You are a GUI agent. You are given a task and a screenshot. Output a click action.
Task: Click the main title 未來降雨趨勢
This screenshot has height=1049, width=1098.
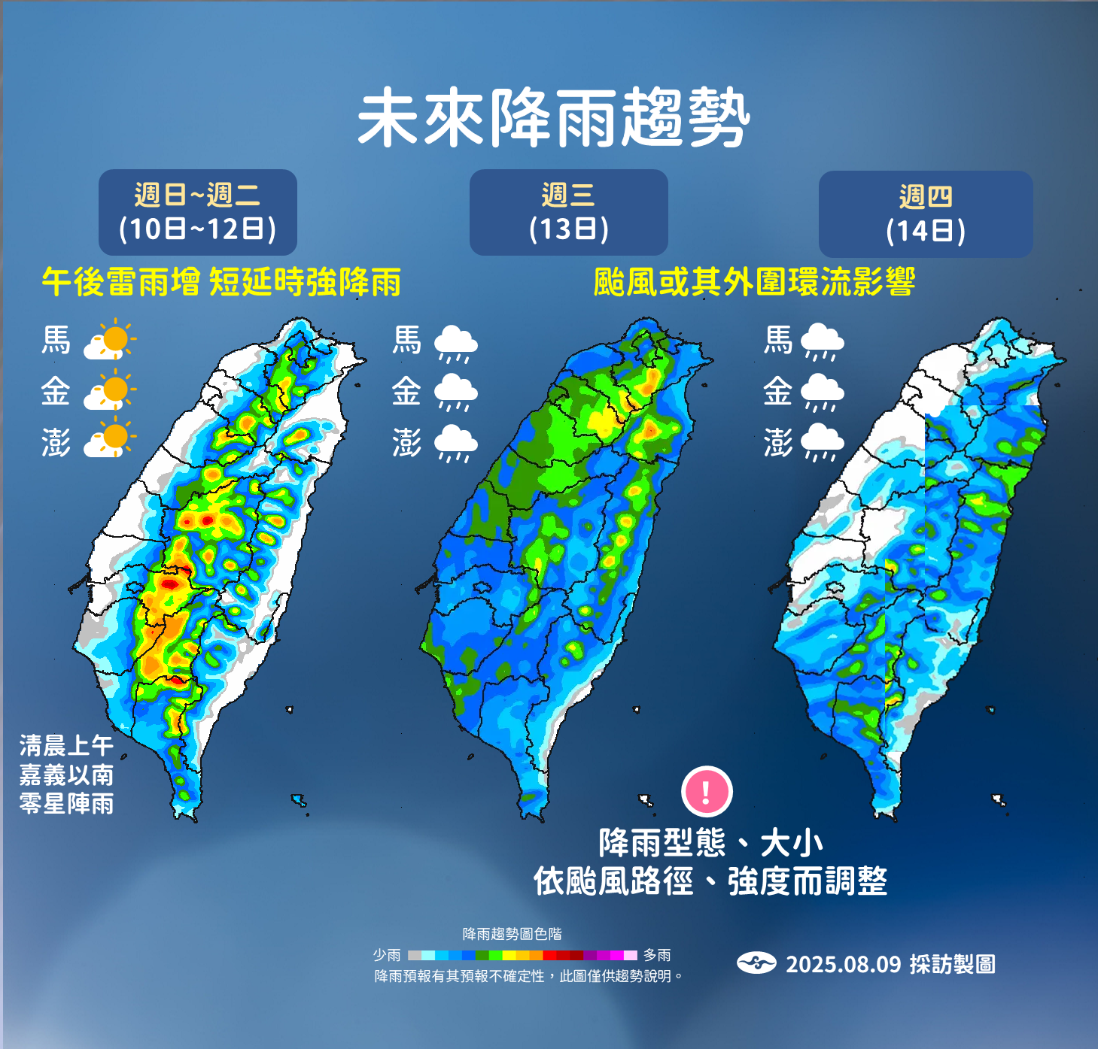(x=553, y=118)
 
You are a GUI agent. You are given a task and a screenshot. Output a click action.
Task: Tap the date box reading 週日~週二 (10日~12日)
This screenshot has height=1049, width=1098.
(x=198, y=212)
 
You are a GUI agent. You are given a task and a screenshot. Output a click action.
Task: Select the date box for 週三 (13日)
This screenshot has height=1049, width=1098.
(x=568, y=212)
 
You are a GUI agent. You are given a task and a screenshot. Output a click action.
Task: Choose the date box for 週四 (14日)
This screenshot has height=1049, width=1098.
(x=925, y=214)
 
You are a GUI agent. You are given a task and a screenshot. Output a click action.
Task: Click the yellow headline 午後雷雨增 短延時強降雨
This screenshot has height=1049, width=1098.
(x=221, y=283)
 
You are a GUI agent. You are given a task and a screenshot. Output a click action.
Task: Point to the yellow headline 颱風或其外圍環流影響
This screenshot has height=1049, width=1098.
(x=753, y=283)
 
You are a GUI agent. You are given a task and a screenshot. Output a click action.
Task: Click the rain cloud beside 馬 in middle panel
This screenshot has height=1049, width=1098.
(x=456, y=343)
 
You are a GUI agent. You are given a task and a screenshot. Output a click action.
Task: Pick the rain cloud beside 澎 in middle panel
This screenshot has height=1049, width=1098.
(x=456, y=443)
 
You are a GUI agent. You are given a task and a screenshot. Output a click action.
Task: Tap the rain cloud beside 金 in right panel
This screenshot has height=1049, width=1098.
(x=823, y=393)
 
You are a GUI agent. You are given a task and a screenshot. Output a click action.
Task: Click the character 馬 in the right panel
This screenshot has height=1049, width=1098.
(x=778, y=340)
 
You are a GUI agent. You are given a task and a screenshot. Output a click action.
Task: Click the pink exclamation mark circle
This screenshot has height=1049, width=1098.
(x=707, y=791)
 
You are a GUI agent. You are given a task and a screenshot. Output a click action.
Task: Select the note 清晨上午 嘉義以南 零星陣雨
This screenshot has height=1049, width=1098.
(x=67, y=775)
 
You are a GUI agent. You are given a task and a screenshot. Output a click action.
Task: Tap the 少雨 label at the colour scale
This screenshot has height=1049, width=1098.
(x=387, y=955)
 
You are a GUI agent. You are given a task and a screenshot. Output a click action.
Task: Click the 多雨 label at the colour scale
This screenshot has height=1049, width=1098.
(x=657, y=955)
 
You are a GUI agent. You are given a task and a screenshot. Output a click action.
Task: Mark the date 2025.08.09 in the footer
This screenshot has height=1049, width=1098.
(x=843, y=964)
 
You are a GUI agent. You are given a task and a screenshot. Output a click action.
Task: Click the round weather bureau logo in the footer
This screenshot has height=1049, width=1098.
(x=756, y=963)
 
